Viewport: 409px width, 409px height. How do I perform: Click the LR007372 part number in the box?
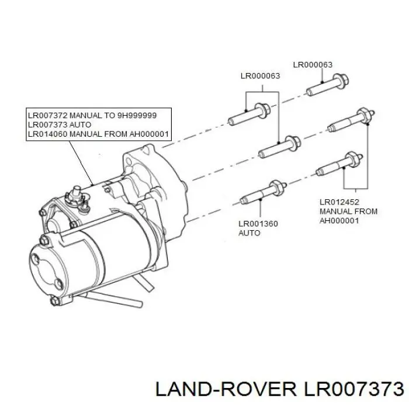point(48,115)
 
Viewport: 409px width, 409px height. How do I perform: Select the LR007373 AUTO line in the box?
point(60,124)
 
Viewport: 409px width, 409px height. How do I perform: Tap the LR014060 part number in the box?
point(48,134)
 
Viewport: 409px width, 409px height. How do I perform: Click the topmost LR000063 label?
point(313,65)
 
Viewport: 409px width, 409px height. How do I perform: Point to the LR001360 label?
point(258,224)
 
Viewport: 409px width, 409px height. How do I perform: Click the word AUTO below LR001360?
point(249,233)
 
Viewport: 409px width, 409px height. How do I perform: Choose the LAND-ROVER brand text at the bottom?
point(226,390)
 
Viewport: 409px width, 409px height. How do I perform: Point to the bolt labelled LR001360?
point(264,193)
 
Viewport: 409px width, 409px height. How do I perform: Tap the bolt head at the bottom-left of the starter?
point(55,301)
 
